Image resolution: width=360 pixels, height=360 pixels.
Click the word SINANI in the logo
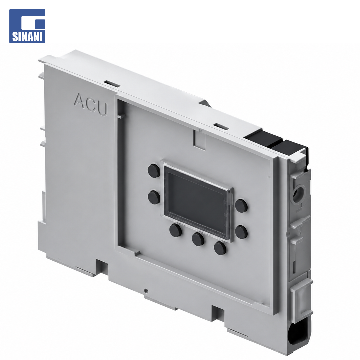[x=27, y=37]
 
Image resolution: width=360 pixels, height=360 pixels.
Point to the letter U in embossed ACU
[x=102, y=109]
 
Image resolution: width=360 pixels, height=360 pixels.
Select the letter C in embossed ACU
[x=91, y=104]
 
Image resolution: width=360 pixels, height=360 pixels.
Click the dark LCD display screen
[x=196, y=199]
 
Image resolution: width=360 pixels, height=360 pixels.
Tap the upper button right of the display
[x=241, y=205]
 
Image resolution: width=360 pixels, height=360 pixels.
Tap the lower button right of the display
[x=241, y=232]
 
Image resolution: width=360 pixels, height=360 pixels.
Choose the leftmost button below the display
[x=176, y=230]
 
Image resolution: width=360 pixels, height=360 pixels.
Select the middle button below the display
[x=198, y=239]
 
